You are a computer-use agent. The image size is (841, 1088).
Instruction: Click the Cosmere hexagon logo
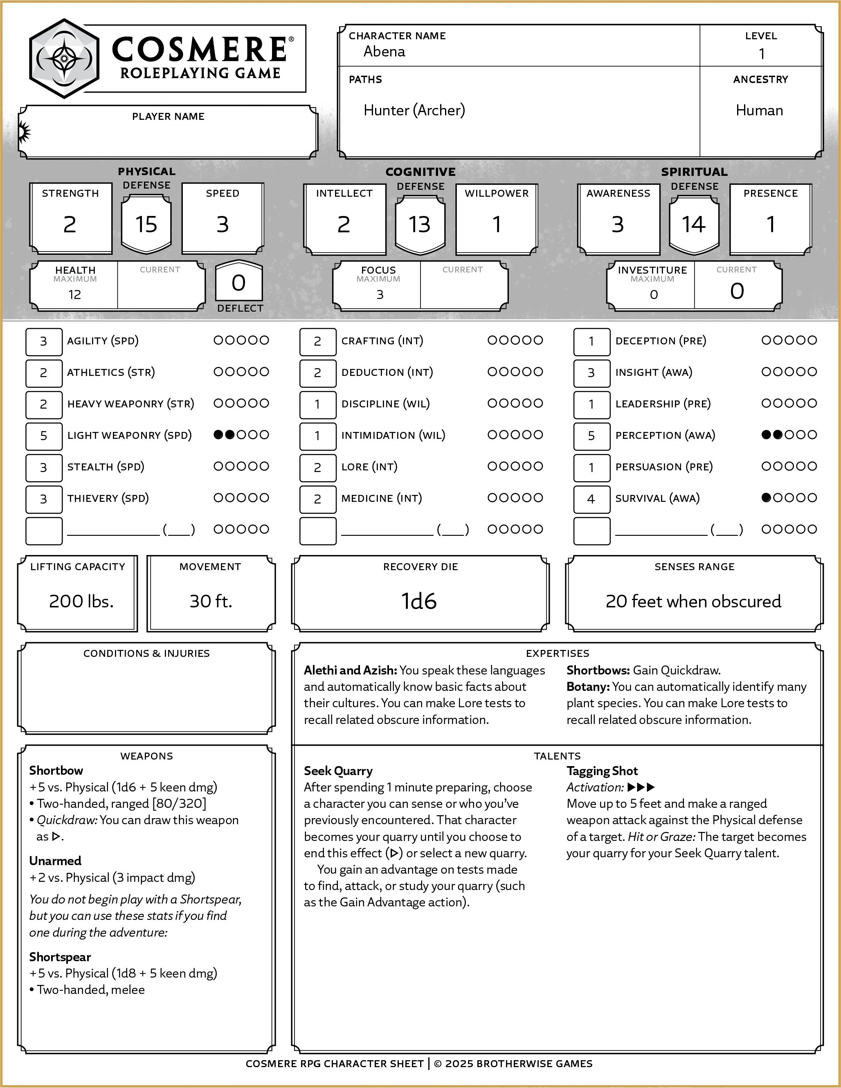[64, 59]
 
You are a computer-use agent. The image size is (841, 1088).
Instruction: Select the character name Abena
[384, 52]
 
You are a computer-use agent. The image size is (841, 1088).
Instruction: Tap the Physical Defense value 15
[146, 224]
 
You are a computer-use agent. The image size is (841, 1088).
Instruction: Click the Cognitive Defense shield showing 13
[420, 224]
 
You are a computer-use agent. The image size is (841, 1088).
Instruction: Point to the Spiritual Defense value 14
[693, 224]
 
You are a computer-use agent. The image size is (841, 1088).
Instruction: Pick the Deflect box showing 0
[238, 283]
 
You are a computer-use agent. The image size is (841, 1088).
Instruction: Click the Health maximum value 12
[75, 295]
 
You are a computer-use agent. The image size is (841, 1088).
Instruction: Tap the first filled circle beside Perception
[766, 435]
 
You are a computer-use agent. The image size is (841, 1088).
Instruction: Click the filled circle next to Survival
[766, 498]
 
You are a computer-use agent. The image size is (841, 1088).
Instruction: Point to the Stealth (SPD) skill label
[106, 467]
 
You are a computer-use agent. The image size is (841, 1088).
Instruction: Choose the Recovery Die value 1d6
[420, 601]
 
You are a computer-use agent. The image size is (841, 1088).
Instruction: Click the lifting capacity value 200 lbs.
[81, 601]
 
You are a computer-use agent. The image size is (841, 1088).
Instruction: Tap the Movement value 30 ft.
[211, 601]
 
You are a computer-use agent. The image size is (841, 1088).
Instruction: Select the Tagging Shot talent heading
[602, 771]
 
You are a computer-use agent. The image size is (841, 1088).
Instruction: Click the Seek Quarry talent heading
[338, 771]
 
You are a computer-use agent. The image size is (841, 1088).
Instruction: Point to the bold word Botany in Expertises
[587, 687]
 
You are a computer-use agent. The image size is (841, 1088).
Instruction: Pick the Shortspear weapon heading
[60, 957]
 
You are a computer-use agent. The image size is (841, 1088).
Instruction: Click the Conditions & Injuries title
[146, 654]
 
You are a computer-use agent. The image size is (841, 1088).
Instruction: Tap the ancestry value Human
[759, 110]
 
